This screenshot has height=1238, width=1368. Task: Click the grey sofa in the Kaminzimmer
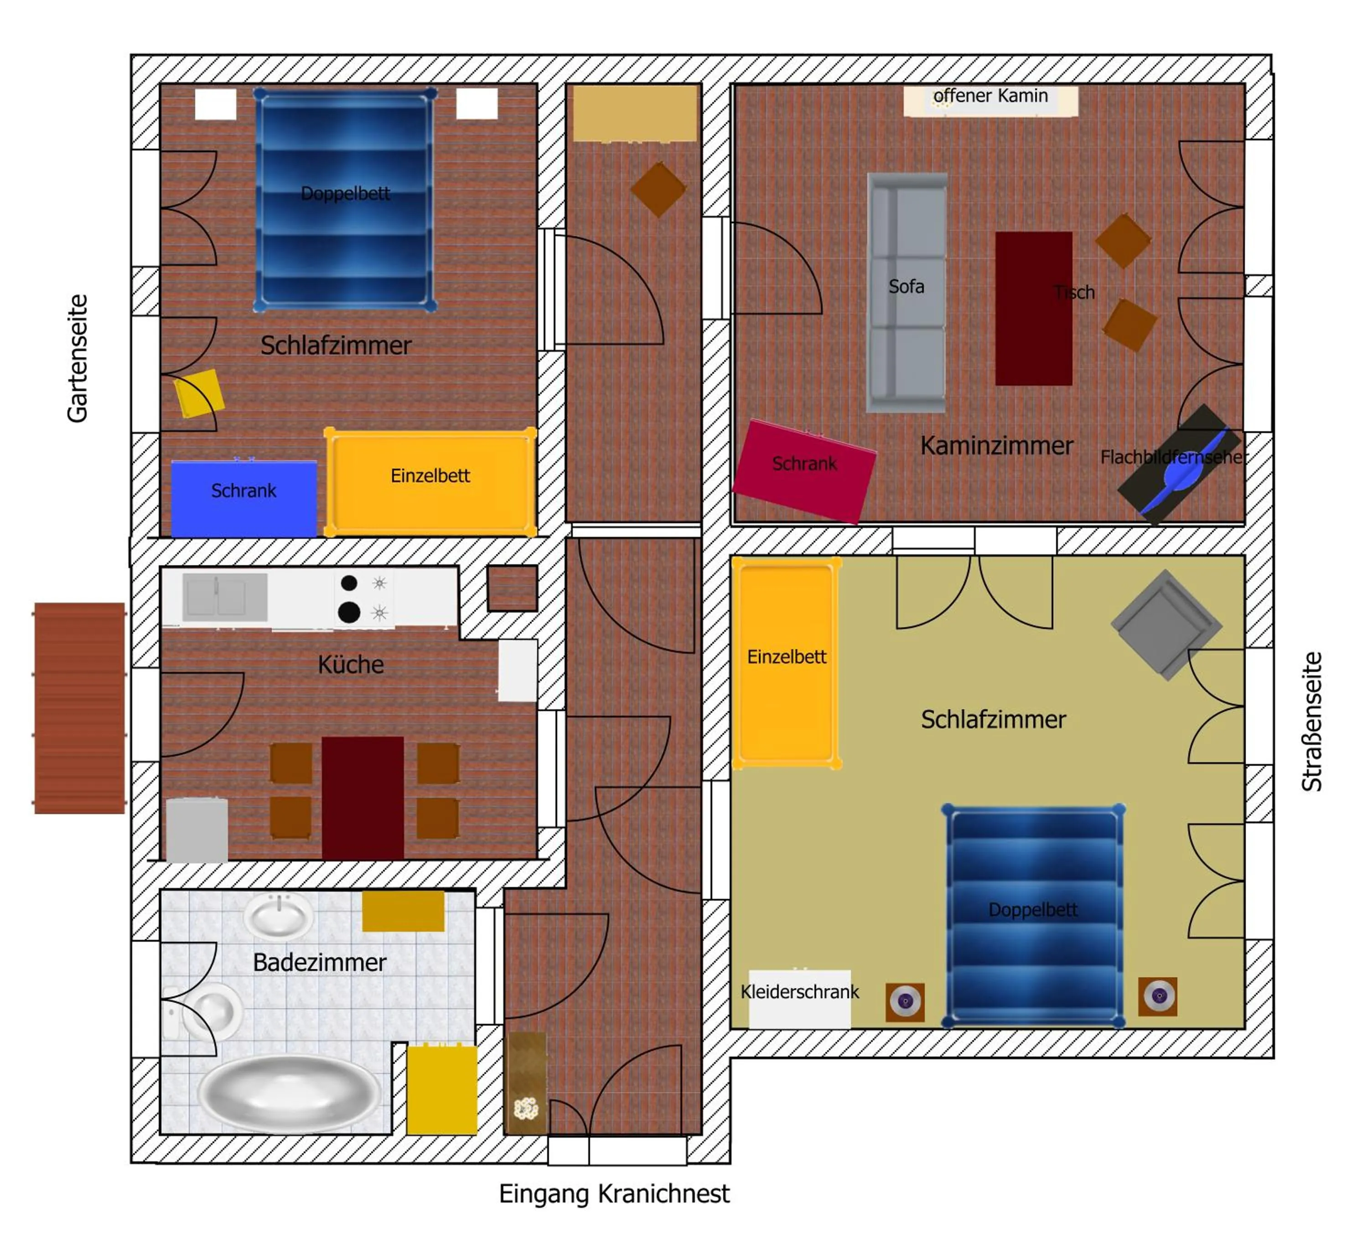pyautogui.click(x=907, y=292)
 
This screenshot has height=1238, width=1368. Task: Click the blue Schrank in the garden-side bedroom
pyautogui.click(x=244, y=499)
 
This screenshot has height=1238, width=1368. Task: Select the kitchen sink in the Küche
pyautogui.click(x=225, y=597)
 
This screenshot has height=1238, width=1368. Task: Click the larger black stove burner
pyautogui.click(x=349, y=613)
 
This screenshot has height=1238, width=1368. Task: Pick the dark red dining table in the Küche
pyautogui.click(x=363, y=799)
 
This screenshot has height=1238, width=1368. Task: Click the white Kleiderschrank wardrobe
pyautogui.click(x=799, y=999)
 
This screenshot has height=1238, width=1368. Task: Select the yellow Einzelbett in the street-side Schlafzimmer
pyautogui.click(x=787, y=663)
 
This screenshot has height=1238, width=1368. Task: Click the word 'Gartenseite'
pyautogui.click(x=78, y=358)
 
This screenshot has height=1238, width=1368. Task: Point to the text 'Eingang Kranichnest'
pyautogui.click(x=614, y=1193)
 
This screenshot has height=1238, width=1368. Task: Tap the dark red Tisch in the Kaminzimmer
pyautogui.click(x=1033, y=309)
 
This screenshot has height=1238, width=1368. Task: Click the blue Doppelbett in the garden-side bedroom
pyautogui.click(x=345, y=198)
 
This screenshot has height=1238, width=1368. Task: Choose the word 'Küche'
pyautogui.click(x=351, y=664)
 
